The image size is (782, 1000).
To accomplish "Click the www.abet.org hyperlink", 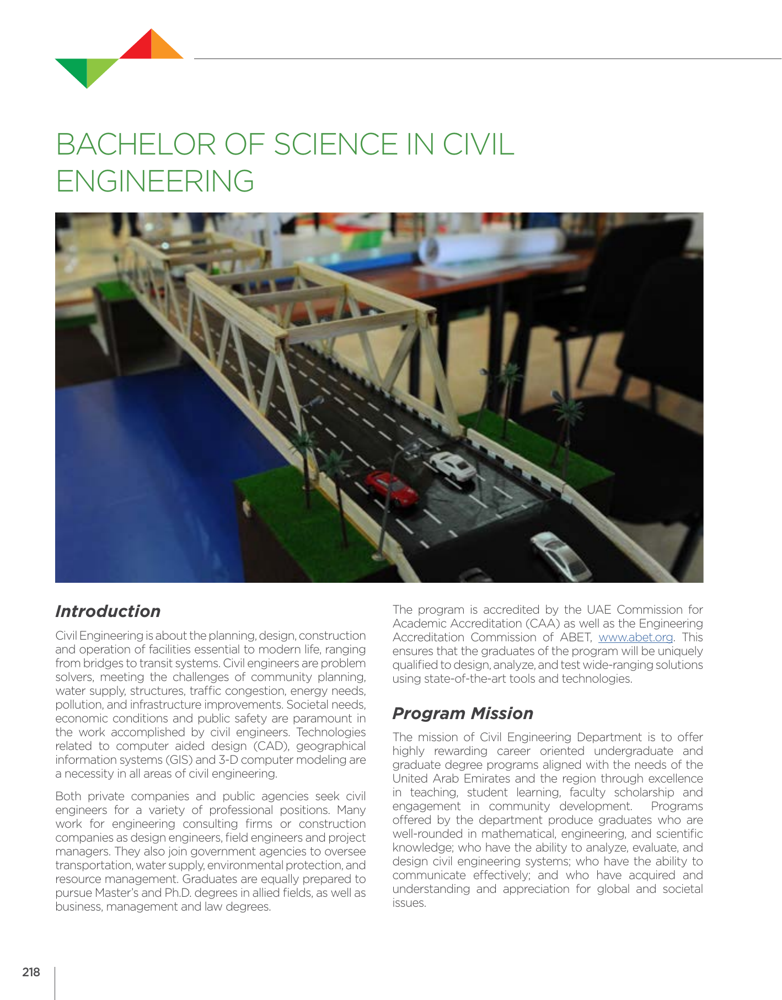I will [635, 637].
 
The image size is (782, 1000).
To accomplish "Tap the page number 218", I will [31, 972].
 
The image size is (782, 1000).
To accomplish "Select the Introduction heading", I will [108, 611].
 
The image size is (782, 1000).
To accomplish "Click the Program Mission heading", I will [462, 714].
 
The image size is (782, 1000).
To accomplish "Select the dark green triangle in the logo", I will [74, 68].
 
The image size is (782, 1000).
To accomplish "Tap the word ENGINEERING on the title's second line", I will [155, 182].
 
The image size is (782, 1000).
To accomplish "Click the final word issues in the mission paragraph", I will [409, 903].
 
